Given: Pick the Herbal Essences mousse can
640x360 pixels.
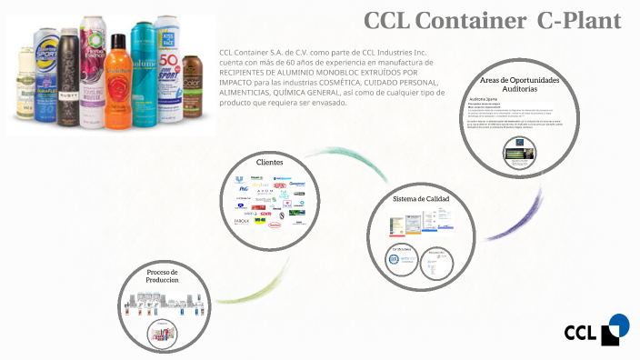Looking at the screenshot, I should tap(92, 64).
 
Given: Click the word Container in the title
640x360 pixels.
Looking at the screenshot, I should tap(450, 19).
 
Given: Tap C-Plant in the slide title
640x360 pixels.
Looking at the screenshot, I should tap(578, 19).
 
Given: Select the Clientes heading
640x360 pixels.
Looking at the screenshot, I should tap(269, 162).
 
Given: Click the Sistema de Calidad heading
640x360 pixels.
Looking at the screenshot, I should tap(421, 198).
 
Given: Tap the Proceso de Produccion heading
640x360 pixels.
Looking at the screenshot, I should tap(163, 276).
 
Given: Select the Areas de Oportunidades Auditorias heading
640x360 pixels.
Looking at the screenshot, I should tap(519, 85).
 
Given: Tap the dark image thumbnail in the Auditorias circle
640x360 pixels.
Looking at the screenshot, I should tap(519, 152).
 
